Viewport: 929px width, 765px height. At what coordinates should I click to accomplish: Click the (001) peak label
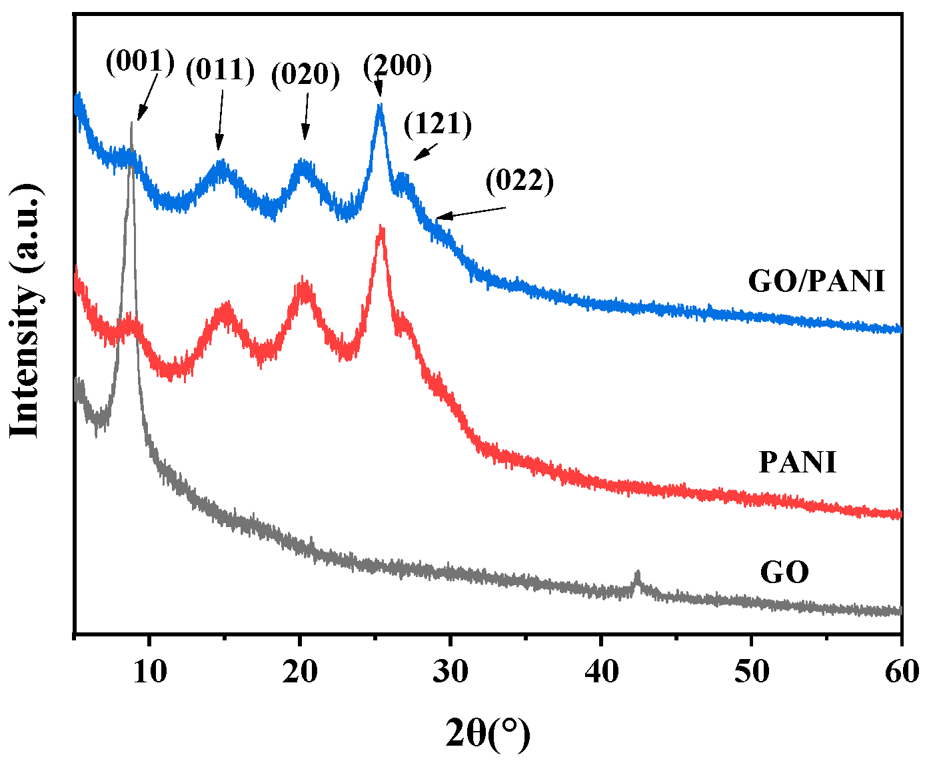point(140,62)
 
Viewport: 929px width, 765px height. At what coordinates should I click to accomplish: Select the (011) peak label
point(221,70)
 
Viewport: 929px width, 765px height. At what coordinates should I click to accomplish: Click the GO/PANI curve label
point(817,281)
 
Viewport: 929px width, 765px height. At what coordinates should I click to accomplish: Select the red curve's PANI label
point(798,462)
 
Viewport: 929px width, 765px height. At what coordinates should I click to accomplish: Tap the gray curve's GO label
point(784,572)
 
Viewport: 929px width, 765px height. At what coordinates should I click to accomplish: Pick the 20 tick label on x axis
point(300,672)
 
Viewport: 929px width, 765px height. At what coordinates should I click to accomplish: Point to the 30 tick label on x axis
point(451,672)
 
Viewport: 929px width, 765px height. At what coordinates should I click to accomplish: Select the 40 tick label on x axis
point(601,672)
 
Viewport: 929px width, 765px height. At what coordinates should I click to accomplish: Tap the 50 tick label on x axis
point(751,672)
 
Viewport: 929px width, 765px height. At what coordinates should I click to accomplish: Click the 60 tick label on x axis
point(901,672)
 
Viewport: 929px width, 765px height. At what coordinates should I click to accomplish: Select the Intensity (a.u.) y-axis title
point(27,310)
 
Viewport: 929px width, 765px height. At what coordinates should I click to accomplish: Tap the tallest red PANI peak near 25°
point(381,231)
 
